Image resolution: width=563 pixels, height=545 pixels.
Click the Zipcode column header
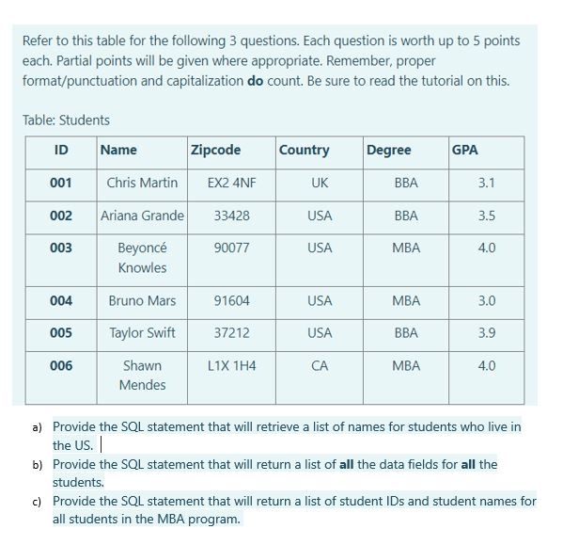pyautogui.click(x=215, y=150)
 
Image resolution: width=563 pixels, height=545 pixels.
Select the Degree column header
pyautogui.click(x=388, y=150)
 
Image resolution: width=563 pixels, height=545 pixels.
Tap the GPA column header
pyautogui.click(x=464, y=150)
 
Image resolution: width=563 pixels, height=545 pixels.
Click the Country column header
pyautogui.click(x=304, y=150)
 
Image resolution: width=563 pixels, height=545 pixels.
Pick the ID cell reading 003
pyautogui.click(x=61, y=248)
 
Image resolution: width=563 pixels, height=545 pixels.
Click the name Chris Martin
pyautogui.click(x=142, y=183)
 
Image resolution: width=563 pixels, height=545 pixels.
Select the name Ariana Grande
pyautogui.click(x=142, y=216)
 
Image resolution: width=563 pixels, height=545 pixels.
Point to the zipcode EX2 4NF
pyautogui.click(x=231, y=183)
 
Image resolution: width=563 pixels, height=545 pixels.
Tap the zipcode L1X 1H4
pyautogui.click(x=231, y=365)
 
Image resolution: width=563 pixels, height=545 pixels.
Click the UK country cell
pyautogui.click(x=320, y=183)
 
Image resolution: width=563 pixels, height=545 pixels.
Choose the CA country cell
pyautogui.click(x=320, y=365)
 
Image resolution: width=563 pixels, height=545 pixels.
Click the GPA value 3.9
pyautogui.click(x=486, y=333)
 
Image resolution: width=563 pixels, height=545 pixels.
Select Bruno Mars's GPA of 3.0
pyautogui.click(x=486, y=301)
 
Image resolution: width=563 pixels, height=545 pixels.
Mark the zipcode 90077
pyautogui.click(x=231, y=248)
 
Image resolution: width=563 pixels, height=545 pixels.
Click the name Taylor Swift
pyautogui.click(x=142, y=333)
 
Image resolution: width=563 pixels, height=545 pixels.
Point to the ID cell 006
pyautogui.click(x=61, y=365)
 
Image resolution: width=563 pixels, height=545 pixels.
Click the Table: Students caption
pyautogui.click(x=66, y=120)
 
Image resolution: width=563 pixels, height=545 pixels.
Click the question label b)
pyautogui.click(x=38, y=465)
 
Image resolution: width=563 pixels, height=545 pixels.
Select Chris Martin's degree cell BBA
pyautogui.click(x=406, y=183)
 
